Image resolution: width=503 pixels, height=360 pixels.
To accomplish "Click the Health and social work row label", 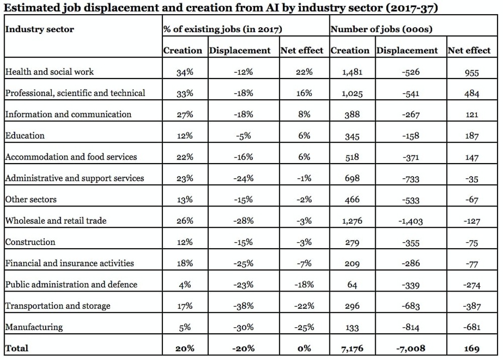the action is (49, 71).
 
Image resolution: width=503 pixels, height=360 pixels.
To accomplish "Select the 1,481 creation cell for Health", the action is (352, 72).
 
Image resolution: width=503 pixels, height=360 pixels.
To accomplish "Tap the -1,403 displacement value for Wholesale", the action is (410, 221).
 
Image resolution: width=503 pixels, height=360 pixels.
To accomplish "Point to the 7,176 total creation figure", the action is (352, 348).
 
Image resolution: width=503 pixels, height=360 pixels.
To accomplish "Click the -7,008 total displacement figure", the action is (410, 348).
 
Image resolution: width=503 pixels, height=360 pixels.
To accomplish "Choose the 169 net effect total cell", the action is (472, 348).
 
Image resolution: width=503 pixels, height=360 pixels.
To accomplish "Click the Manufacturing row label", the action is (34, 327).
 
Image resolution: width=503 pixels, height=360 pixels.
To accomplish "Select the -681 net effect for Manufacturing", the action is (472, 327).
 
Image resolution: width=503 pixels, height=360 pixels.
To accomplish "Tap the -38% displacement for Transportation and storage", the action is (243, 306).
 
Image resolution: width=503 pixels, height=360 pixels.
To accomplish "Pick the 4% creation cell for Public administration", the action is (185, 284).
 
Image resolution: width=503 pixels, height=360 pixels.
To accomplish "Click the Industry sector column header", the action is (39, 29).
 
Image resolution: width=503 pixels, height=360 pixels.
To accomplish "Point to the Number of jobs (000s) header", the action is (381, 29).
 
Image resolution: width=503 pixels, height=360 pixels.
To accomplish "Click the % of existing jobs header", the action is (223, 29).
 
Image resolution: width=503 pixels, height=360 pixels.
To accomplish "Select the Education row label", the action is (25, 135).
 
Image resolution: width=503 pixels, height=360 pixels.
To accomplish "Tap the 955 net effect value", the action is (472, 73).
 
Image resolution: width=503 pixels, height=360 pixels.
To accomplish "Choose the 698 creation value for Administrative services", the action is (352, 178).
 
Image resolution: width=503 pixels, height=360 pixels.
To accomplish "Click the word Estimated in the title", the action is (31, 8).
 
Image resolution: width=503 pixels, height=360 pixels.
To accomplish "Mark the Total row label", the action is (17, 348).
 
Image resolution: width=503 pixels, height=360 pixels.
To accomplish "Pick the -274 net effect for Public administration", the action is (472, 285).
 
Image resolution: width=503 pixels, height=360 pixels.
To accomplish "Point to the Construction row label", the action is (30, 242).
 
